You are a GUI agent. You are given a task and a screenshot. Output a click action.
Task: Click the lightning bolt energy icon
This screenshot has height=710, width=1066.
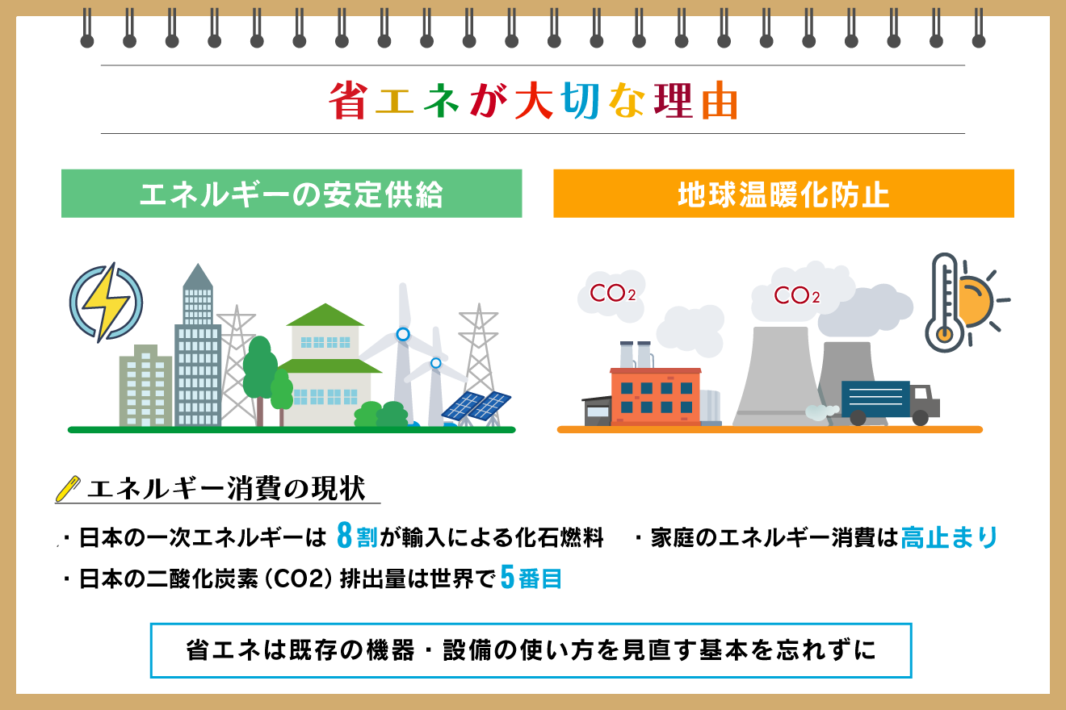106,302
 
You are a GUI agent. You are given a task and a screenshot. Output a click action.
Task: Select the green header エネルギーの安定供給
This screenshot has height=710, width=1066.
292,194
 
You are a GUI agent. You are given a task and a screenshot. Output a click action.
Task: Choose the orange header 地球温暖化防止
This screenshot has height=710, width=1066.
783,194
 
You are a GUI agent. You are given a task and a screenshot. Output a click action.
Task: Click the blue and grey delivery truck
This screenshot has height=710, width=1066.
888,402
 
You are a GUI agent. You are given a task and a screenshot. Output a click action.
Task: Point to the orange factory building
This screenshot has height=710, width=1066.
655,395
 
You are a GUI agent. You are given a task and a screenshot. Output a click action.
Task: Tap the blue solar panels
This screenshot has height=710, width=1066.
476,405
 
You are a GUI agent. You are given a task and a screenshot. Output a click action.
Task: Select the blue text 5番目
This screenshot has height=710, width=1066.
531,578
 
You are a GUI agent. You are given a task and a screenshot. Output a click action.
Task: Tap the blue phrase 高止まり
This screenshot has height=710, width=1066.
949,537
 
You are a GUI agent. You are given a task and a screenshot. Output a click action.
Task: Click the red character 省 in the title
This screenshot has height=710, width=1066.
348,100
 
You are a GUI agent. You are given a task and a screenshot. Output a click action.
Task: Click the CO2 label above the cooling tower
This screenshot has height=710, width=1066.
796,296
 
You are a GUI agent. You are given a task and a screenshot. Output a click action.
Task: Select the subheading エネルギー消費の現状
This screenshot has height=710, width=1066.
225,488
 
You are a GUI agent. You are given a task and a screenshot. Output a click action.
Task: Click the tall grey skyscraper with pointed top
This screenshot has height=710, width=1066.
198,347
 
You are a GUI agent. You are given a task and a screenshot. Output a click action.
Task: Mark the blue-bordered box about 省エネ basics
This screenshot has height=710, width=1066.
531,650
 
